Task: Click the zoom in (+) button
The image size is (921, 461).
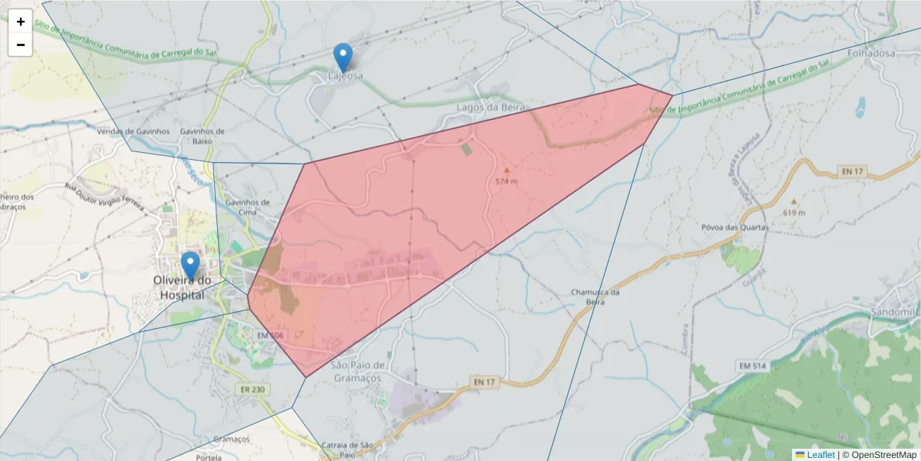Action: [21, 22]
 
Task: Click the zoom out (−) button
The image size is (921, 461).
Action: [21, 45]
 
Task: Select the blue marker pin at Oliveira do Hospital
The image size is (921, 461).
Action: [190, 266]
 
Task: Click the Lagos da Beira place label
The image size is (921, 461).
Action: [490, 107]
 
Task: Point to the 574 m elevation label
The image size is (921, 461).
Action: [506, 181]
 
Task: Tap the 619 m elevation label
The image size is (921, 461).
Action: [794, 212]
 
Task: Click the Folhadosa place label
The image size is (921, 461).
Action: [872, 55]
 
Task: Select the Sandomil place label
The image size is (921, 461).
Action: [894, 312]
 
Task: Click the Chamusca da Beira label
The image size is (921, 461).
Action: [595, 297]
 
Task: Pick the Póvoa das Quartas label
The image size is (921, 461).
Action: [734, 227]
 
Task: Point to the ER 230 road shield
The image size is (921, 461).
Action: [253, 390]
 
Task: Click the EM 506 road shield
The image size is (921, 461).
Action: [270, 336]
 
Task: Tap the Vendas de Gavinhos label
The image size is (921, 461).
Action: [133, 131]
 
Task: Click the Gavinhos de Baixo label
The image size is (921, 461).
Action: [202, 136]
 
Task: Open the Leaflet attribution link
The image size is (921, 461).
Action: [820, 455]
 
